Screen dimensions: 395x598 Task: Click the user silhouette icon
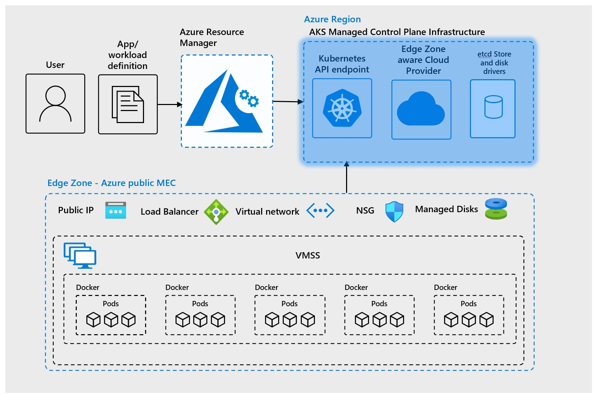[56, 104]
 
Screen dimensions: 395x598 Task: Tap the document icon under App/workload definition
[128, 104]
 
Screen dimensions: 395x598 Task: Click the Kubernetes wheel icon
[342, 108]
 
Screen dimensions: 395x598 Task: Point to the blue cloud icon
[421, 109]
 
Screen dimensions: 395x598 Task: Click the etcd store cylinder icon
[493, 107]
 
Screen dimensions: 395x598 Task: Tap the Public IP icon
[116, 210]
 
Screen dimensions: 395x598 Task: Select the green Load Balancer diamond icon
[216, 212]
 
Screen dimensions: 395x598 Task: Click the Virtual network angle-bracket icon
[320, 210]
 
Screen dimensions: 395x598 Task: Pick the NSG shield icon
[394, 211]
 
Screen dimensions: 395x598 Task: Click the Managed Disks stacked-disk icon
[496, 209]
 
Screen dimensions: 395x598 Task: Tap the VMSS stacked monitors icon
[80, 255]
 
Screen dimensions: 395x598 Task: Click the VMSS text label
[307, 255]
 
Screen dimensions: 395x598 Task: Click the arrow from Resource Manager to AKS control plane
[288, 102]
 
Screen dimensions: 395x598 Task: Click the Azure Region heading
[332, 19]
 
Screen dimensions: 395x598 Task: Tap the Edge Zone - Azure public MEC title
[111, 183]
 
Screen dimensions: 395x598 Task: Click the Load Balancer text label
[169, 211]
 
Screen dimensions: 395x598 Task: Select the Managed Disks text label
[446, 209]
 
